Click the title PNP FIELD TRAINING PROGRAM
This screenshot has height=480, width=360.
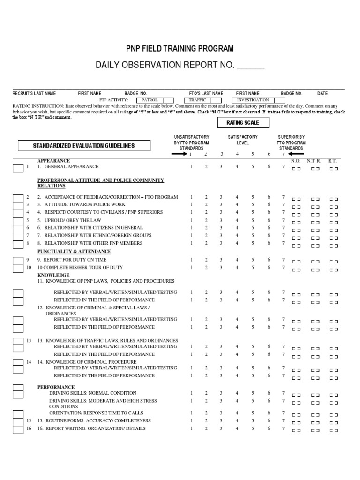tap(180, 49)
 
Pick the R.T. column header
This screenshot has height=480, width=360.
tap(333, 160)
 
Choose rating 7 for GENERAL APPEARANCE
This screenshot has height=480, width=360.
tap(283, 167)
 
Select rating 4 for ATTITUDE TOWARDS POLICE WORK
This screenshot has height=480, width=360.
tap(237, 204)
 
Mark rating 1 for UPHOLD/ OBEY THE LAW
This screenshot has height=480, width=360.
tap(191, 220)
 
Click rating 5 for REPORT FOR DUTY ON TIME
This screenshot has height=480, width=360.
tap(252, 260)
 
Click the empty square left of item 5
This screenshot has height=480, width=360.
tap(18, 220)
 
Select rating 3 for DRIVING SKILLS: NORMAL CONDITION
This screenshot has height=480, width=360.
tap(221, 393)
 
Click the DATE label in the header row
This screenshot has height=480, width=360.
tap(322, 93)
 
